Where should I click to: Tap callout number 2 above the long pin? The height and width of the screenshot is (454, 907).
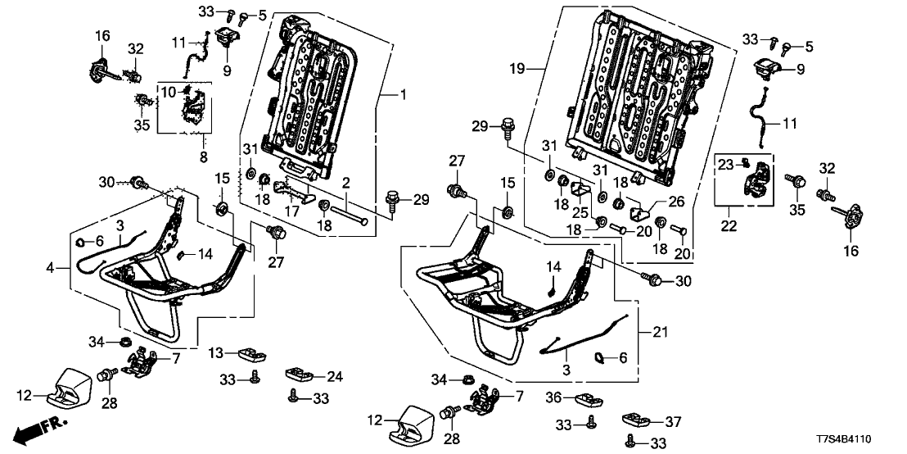(347, 181)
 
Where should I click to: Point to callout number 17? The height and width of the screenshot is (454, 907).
(291, 211)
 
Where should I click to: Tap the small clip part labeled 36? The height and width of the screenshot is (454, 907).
(588, 399)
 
